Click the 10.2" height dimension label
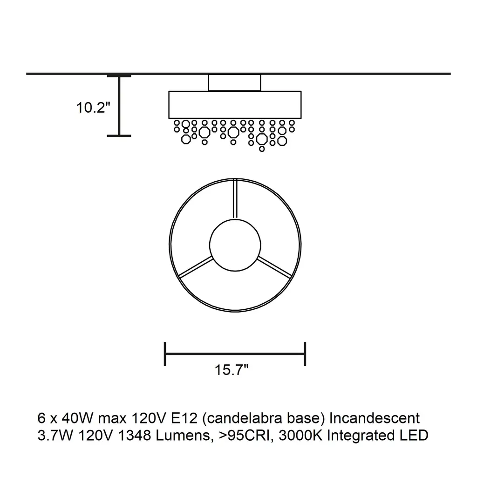93,108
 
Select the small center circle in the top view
235,245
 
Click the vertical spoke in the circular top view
235,199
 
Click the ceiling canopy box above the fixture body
235,82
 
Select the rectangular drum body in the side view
235,105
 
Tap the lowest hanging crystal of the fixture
262,149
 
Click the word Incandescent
375,418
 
